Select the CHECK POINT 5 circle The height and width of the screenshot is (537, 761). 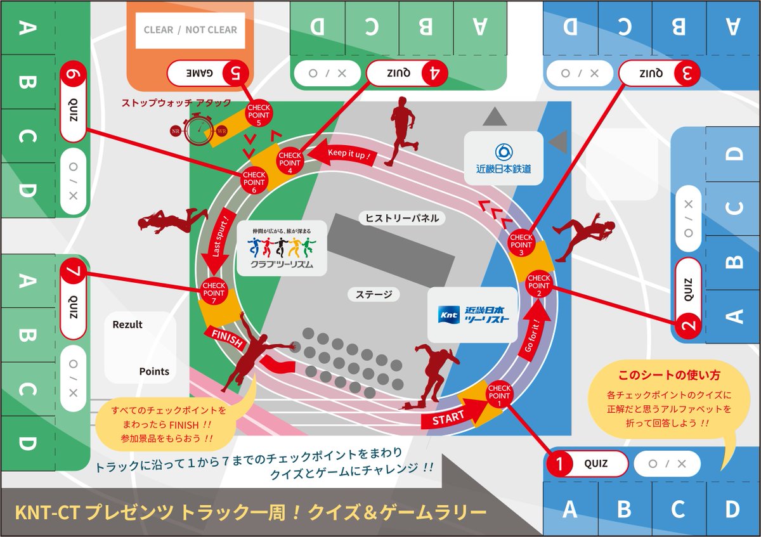(x=259, y=115)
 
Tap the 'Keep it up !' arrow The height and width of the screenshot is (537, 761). (x=348, y=154)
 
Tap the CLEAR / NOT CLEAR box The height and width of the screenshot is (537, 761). (x=190, y=30)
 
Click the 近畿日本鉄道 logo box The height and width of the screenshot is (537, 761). (x=504, y=159)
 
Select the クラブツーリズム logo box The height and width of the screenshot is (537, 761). (x=282, y=247)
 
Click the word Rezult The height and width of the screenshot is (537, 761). (x=127, y=325)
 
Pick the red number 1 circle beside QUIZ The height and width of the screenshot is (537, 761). (x=559, y=463)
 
